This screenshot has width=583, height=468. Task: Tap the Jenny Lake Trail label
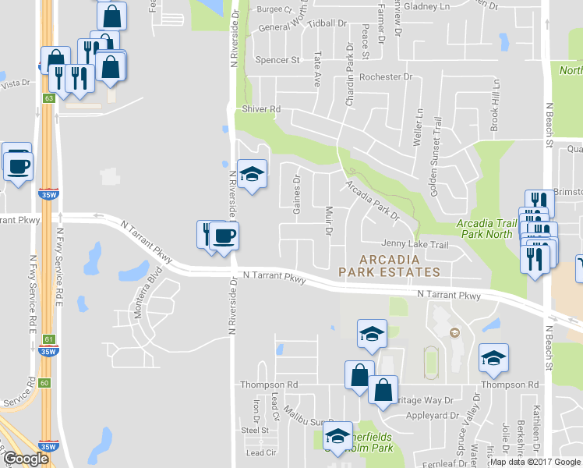tap(415, 245)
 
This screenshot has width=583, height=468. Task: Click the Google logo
tap(26, 459)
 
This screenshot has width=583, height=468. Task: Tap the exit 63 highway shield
tap(48, 98)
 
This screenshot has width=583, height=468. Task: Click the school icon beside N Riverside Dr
tap(252, 175)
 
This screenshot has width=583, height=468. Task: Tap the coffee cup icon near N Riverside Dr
tap(224, 236)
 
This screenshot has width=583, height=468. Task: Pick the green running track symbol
tap(430, 360)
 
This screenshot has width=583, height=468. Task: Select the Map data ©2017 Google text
tap(535, 462)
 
